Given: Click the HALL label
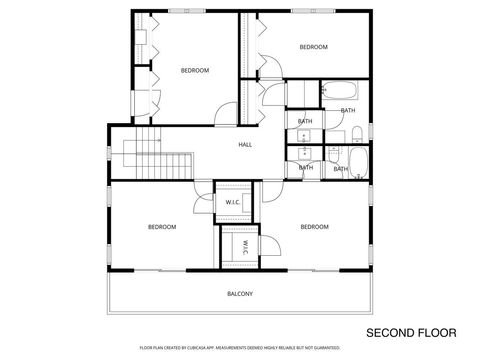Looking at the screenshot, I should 245,145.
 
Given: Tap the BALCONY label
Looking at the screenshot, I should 240,293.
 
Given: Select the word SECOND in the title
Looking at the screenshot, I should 389,332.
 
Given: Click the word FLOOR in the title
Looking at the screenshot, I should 436,332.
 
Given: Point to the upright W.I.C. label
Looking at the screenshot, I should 232,202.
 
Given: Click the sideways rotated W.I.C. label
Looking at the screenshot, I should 243,247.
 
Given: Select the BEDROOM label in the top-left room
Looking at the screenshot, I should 195,70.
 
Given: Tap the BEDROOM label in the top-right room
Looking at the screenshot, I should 314,47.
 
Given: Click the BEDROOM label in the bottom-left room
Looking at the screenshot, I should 162,227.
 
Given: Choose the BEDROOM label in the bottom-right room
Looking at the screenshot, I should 314,227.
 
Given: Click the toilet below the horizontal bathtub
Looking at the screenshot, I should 356,133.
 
